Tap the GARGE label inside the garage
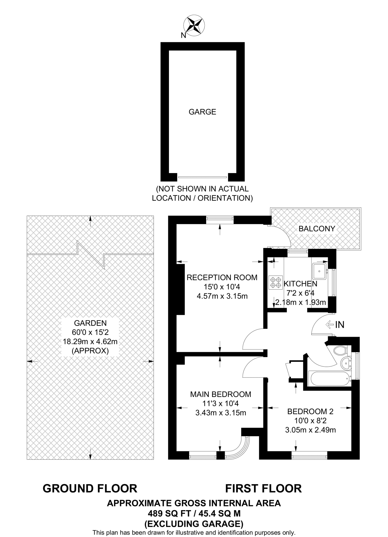[202, 112]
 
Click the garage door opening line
[202, 177]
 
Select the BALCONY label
[317, 229]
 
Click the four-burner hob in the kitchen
[276, 282]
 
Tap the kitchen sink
[319, 271]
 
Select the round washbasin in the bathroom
[346, 363]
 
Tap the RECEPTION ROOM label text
[222, 277]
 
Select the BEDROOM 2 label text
[310, 411]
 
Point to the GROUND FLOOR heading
[90, 488]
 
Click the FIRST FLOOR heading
[264, 488]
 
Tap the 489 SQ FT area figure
[171, 513]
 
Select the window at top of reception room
[220, 220]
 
